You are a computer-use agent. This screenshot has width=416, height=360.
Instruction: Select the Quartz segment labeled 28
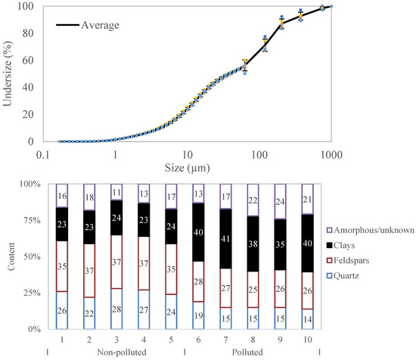point(116,309)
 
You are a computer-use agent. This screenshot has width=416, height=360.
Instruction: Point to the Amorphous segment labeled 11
point(116,193)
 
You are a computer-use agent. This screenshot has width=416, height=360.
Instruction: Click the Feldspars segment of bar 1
point(62,246)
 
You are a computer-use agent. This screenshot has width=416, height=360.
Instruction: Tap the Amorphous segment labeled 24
point(280,202)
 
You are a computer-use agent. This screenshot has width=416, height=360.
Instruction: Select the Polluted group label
point(253,352)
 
